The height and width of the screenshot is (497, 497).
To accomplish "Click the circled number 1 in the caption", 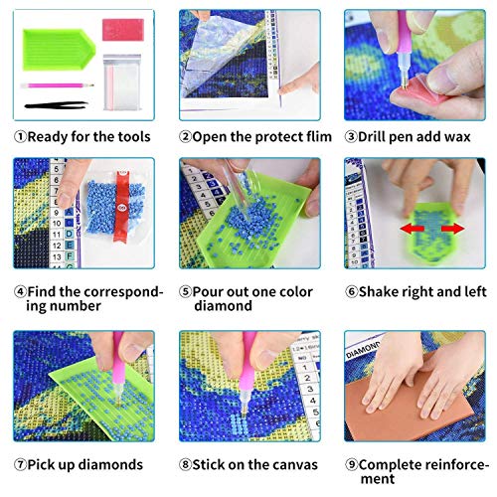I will click(x=21, y=136).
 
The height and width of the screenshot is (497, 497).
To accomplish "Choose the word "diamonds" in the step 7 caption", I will click(x=108, y=464).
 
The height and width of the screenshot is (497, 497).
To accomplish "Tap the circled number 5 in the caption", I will click(x=185, y=292).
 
